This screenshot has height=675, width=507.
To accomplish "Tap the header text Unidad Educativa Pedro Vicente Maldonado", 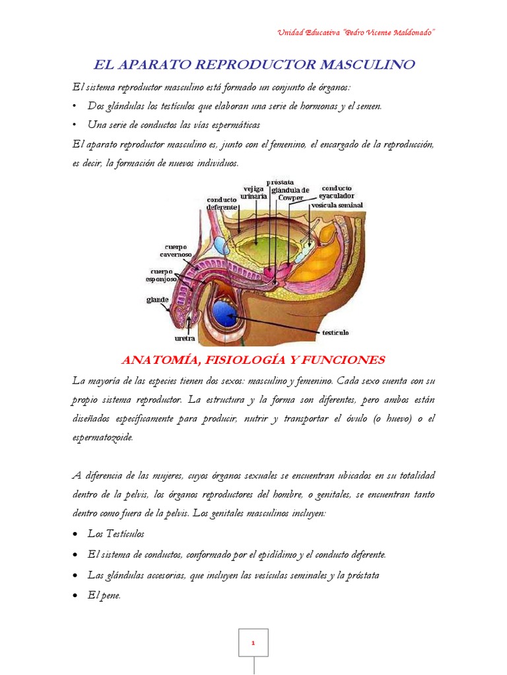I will pos(356,32).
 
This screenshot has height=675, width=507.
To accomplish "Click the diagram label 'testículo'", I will pos(335,332).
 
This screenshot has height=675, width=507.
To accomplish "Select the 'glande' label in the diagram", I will pos(157,299).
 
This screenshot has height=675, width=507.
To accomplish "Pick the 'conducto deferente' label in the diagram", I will pos(222,203).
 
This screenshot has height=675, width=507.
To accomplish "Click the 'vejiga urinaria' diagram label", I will pos(254,192).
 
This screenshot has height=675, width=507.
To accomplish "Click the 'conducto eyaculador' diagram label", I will pos(337,191).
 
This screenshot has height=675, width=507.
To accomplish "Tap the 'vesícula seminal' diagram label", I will pos(337,204).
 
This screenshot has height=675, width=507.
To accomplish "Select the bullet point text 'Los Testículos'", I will pos(116,533).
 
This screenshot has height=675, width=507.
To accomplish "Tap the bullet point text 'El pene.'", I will pos(104,594).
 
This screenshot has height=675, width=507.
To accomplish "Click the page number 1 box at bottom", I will pos(253,641).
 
